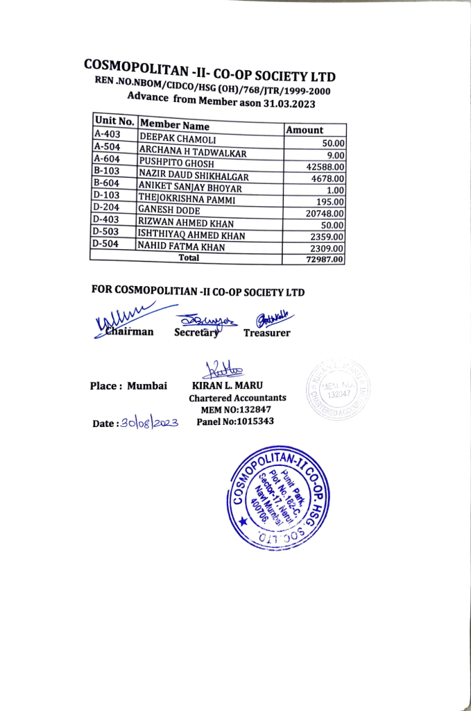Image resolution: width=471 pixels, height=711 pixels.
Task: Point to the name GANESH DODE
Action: (169, 210)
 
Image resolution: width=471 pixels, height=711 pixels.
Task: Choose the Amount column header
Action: (305, 130)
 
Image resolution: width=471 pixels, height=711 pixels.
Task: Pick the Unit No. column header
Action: (114, 120)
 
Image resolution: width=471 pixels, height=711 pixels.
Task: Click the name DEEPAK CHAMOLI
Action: (173, 138)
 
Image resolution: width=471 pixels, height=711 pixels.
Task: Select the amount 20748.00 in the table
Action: (325, 213)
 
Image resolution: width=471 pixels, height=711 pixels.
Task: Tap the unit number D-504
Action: (105, 244)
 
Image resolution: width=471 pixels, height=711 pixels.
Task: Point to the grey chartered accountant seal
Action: (339, 391)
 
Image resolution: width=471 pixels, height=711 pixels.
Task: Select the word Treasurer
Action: (267, 333)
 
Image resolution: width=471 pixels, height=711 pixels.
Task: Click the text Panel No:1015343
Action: (235, 421)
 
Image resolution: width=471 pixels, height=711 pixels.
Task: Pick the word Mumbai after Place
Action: (147, 386)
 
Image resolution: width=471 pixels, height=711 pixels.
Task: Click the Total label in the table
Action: (189, 258)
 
